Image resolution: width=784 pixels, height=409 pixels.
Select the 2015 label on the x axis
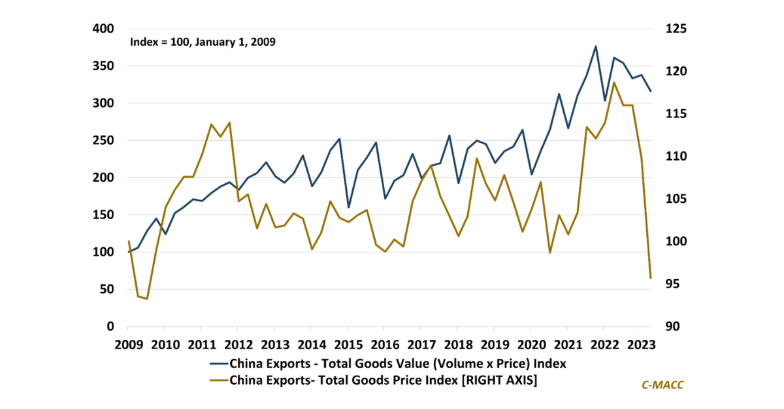349,344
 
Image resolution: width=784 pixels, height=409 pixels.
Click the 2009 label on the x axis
128,344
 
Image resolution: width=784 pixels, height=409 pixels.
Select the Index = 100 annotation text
203,42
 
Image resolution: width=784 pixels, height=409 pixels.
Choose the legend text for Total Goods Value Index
397,363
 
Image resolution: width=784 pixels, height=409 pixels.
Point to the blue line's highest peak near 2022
596,46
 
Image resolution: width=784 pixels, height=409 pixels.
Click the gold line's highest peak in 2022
614,82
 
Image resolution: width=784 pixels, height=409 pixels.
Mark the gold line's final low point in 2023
651,278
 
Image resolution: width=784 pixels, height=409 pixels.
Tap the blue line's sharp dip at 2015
349,207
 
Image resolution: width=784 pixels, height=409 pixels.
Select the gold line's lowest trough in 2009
147,299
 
